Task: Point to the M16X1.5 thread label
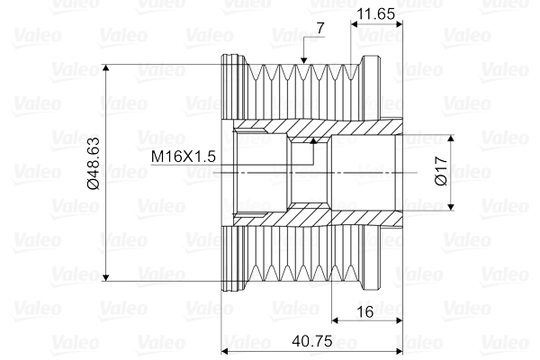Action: [x=184, y=156]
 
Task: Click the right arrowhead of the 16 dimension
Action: [x=397, y=319]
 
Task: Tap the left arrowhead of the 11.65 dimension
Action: [x=354, y=23]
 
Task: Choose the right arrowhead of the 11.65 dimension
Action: [x=397, y=23]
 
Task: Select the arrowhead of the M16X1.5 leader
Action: [x=312, y=142]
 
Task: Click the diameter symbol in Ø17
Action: [x=440, y=182]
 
